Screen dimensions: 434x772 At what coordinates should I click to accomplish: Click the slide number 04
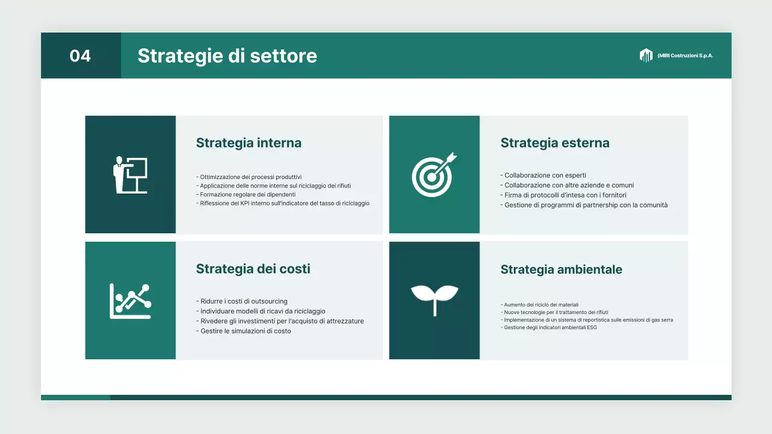[80, 56]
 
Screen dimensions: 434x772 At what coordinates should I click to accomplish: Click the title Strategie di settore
[227, 56]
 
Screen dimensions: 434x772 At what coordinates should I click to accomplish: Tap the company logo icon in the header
[646, 55]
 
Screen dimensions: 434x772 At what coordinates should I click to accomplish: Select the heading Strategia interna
[248, 143]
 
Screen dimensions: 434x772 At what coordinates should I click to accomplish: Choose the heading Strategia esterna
[555, 143]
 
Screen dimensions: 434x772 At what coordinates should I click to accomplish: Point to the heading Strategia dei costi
[253, 269]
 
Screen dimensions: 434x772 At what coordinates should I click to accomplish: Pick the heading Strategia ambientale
[561, 269]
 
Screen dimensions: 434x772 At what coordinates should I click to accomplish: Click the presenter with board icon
[130, 175]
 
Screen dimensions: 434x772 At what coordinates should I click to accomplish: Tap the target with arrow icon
[434, 175]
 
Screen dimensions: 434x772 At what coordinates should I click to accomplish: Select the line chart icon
[130, 301]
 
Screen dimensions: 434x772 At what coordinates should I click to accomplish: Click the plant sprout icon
[434, 300]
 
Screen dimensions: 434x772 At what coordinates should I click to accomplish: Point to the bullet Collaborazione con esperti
[545, 175]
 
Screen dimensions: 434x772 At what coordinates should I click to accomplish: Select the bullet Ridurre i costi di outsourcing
[244, 301]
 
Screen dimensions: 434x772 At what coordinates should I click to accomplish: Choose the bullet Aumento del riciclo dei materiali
[541, 305]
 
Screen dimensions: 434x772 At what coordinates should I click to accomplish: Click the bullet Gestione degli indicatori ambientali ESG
[550, 327]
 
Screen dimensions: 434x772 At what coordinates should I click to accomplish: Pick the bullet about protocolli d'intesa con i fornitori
[565, 195]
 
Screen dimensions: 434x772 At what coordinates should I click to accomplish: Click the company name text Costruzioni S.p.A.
[686, 55]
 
